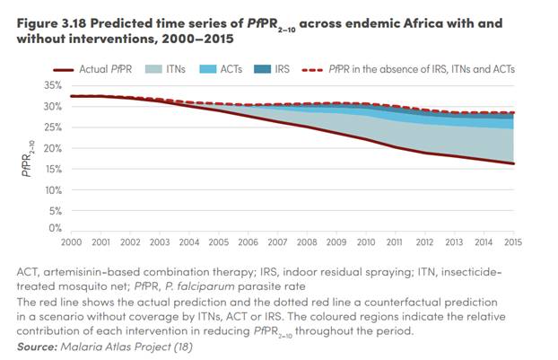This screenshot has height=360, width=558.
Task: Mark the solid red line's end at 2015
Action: pyautogui.click(x=514, y=163)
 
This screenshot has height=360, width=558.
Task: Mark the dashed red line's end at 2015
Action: pyautogui.click(x=514, y=114)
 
